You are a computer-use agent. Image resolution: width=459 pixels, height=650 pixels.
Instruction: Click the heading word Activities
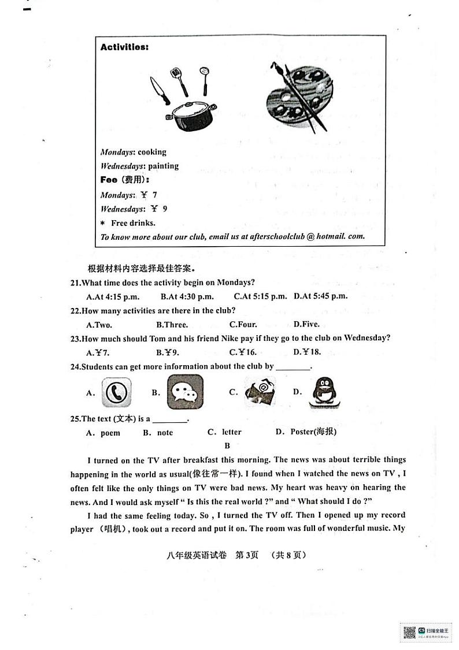pyautogui.click(x=124, y=47)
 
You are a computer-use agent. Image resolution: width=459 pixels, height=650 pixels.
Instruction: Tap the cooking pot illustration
pyautogui.click(x=191, y=115)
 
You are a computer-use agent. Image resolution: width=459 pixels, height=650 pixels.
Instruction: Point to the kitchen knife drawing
pyautogui.click(x=160, y=91)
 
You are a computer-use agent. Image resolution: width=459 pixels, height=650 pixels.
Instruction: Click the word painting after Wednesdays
pyautogui.click(x=164, y=166)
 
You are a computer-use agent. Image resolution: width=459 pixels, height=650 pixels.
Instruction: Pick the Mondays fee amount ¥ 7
pyautogui.click(x=149, y=195)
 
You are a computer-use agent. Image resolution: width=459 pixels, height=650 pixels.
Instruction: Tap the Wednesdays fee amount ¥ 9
pyautogui.click(x=159, y=209)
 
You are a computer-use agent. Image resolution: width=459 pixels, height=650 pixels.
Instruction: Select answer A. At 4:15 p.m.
pyautogui.click(x=112, y=296)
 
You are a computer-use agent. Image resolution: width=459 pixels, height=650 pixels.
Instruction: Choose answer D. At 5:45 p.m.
pyautogui.click(x=320, y=296)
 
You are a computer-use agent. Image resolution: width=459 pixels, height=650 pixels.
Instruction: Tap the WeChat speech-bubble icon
pyautogui.click(x=185, y=392)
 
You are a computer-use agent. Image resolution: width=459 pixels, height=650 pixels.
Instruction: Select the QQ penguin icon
pyautogui.click(x=321, y=393)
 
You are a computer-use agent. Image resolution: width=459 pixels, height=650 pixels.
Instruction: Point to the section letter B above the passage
pyautogui.click(x=227, y=445)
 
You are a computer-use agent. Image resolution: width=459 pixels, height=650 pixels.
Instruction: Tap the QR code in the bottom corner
pyautogui.click(x=409, y=632)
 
